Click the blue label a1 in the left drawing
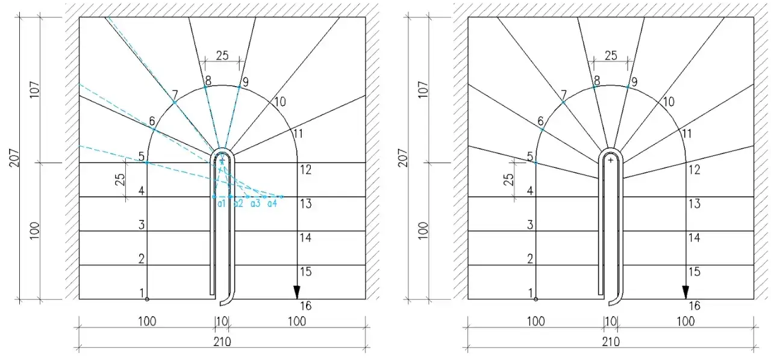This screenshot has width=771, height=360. (x=221, y=203)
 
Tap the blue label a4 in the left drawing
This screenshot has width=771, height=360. (x=272, y=203)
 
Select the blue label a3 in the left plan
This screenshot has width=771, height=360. (x=255, y=203)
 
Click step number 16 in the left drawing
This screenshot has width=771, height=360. (x=305, y=306)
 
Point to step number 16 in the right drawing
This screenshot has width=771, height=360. (x=695, y=306)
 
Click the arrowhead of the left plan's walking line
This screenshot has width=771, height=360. (x=297, y=292)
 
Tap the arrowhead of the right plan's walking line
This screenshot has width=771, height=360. (x=685, y=292)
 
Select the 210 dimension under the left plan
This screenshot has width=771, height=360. (x=222, y=342)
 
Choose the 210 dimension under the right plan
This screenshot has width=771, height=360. (x=611, y=342)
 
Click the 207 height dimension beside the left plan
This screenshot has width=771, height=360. (x=14, y=158)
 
